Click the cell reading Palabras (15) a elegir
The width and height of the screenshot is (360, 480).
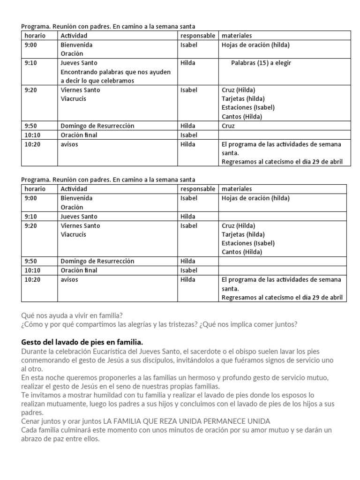(x=261, y=63)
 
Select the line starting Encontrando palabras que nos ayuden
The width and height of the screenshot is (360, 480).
(x=115, y=72)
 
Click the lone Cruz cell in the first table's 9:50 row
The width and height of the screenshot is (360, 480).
(x=228, y=126)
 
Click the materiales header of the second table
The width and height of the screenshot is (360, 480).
(x=237, y=189)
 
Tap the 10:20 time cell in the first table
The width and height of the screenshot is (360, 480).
(x=32, y=144)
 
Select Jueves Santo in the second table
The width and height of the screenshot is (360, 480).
(x=79, y=217)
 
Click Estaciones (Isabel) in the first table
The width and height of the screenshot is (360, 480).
(x=248, y=107)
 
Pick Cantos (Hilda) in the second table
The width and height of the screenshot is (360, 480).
(x=241, y=252)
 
